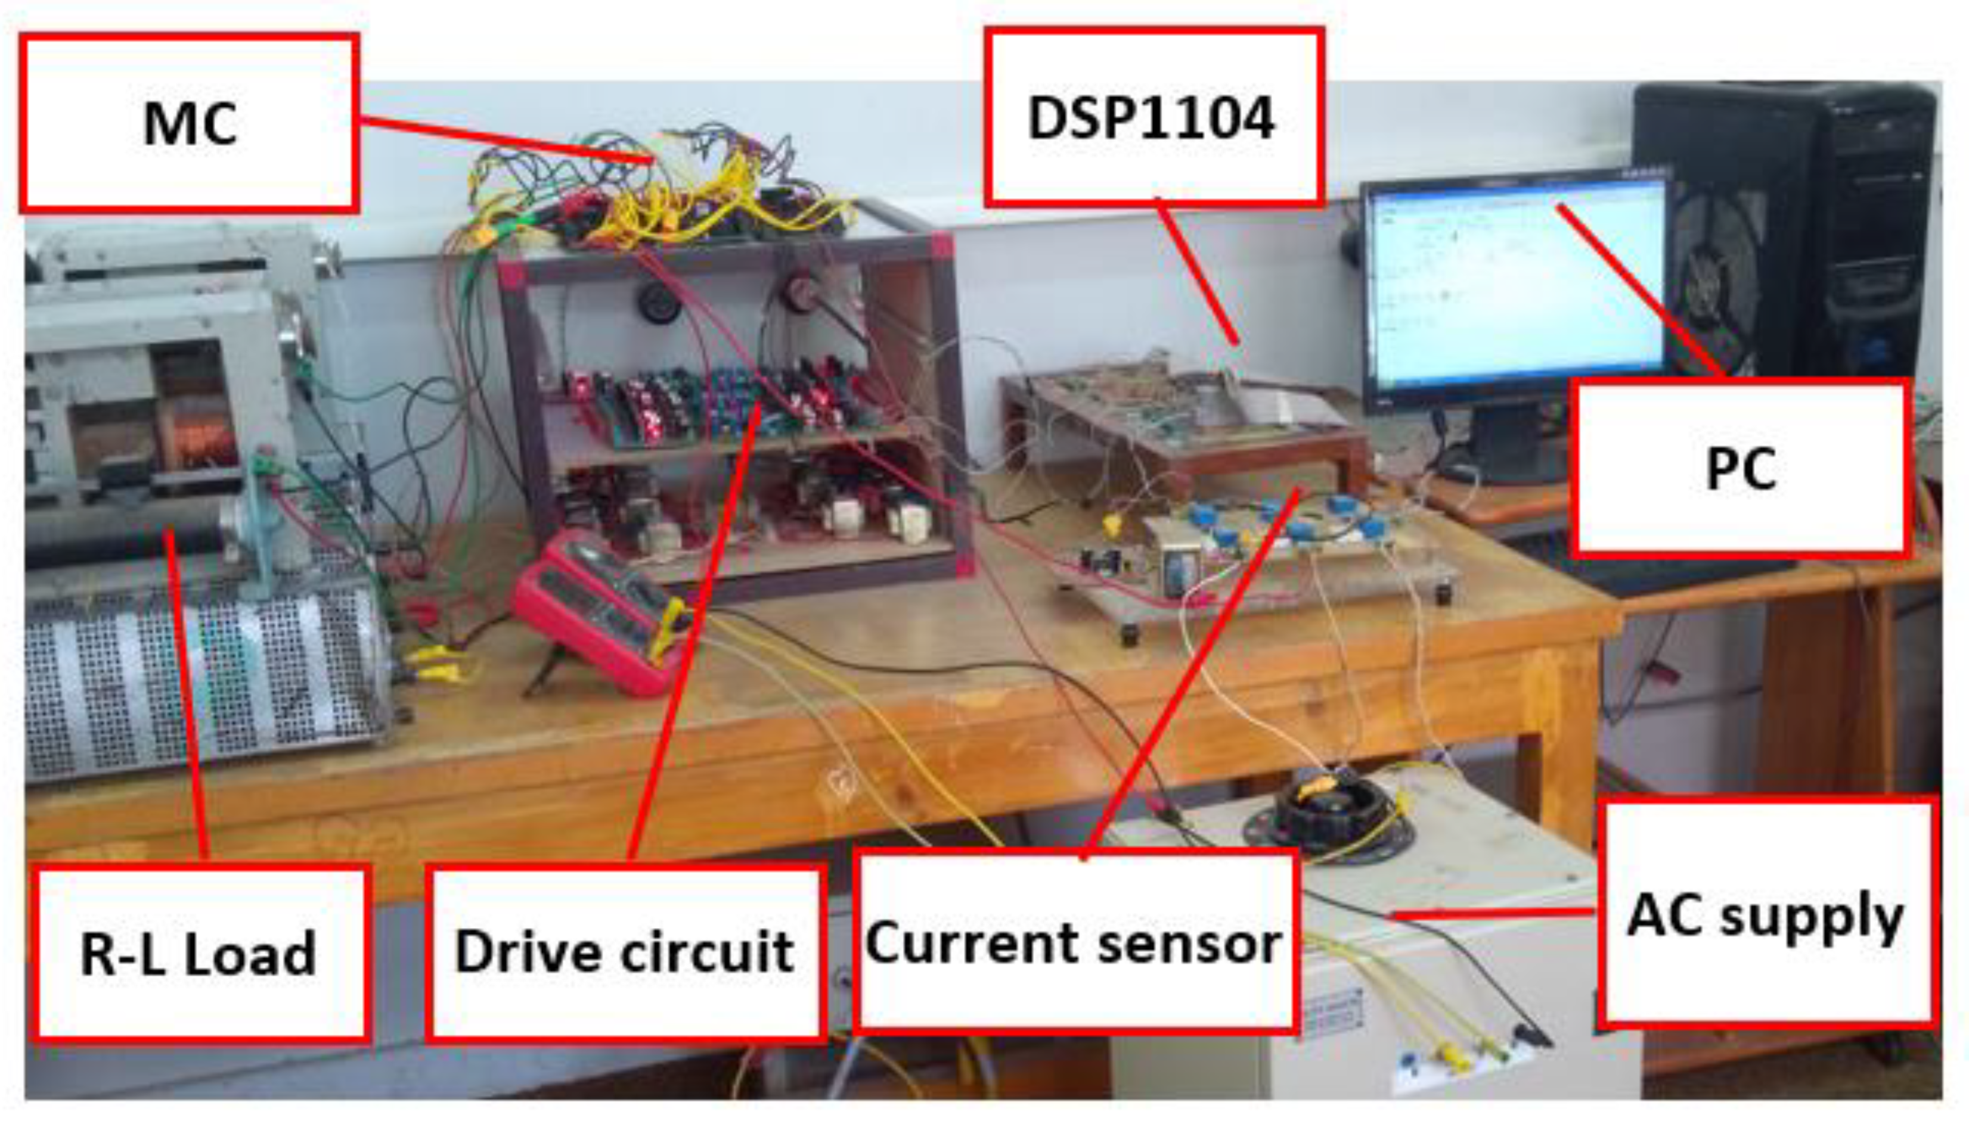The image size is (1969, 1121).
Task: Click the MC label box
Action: click(190, 123)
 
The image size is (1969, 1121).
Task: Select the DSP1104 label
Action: click(1154, 118)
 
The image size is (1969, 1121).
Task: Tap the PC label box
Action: click(1739, 468)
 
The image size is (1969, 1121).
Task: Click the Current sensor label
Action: click(1075, 942)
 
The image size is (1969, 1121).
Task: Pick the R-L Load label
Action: click(199, 953)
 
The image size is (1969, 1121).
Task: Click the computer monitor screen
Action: click(1514, 285)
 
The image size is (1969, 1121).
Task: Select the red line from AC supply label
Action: click(1494, 914)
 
